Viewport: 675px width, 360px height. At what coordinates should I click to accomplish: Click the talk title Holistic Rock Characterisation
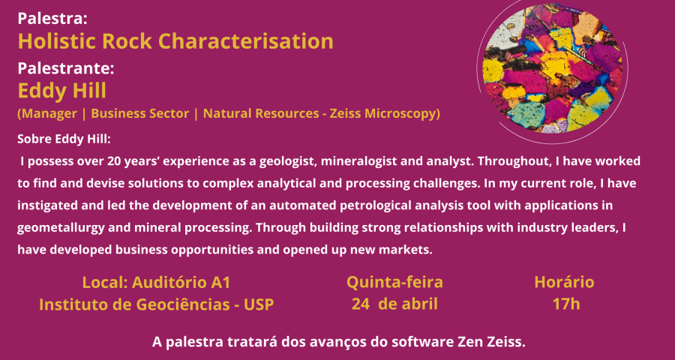point(175,41)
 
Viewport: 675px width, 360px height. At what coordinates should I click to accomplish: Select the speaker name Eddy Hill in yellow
point(61,91)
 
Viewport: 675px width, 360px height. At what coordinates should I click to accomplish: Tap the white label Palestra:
point(52,19)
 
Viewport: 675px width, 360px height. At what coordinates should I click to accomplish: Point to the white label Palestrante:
point(66,68)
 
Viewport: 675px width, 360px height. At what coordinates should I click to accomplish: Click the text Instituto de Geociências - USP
point(156,304)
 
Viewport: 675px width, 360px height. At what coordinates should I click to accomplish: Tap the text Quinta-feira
point(394,283)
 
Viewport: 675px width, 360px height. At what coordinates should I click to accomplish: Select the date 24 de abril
point(394,304)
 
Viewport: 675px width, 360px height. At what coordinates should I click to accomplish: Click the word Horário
point(564,283)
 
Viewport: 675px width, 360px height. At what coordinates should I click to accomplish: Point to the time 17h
point(566,304)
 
